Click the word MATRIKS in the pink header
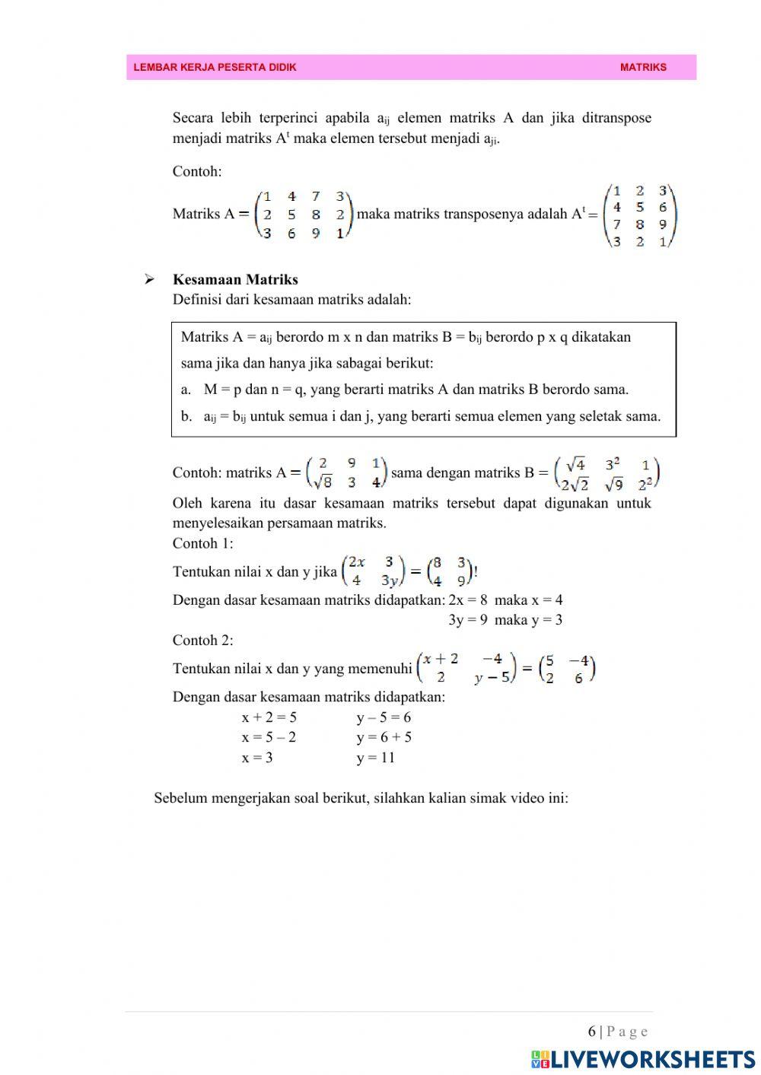click(643, 67)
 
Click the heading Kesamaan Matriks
click(235, 279)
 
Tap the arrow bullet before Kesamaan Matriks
click(150, 279)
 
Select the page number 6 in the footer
click(591, 1032)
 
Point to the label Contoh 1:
click(202, 543)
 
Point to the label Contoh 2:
click(202, 640)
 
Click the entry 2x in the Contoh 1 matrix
click(356, 562)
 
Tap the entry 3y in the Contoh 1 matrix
click(390, 581)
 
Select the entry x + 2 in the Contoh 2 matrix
click(441, 658)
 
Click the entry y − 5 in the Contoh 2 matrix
click(492, 677)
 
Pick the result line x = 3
click(257, 757)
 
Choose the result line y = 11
click(376, 757)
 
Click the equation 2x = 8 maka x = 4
click(505, 600)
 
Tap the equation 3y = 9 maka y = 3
click(505, 619)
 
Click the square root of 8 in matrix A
click(322, 482)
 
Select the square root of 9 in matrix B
click(613, 483)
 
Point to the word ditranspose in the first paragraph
click(616, 118)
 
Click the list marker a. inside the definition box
click(186, 390)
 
